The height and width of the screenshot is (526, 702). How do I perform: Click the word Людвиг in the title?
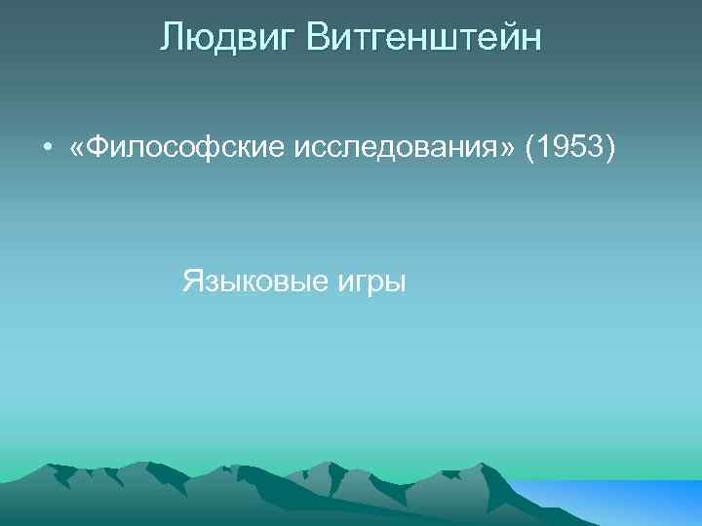(x=227, y=39)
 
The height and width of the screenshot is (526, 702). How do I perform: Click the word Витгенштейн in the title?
(x=423, y=39)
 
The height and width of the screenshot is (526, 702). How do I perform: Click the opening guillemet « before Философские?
(x=76, y=148)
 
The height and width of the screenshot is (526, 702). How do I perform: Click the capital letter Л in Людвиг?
(x=172, y=39)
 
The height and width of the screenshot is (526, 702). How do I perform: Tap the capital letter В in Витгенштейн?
(x=317, y=39)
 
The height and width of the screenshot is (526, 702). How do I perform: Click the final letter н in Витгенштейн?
(x=531, y=40)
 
